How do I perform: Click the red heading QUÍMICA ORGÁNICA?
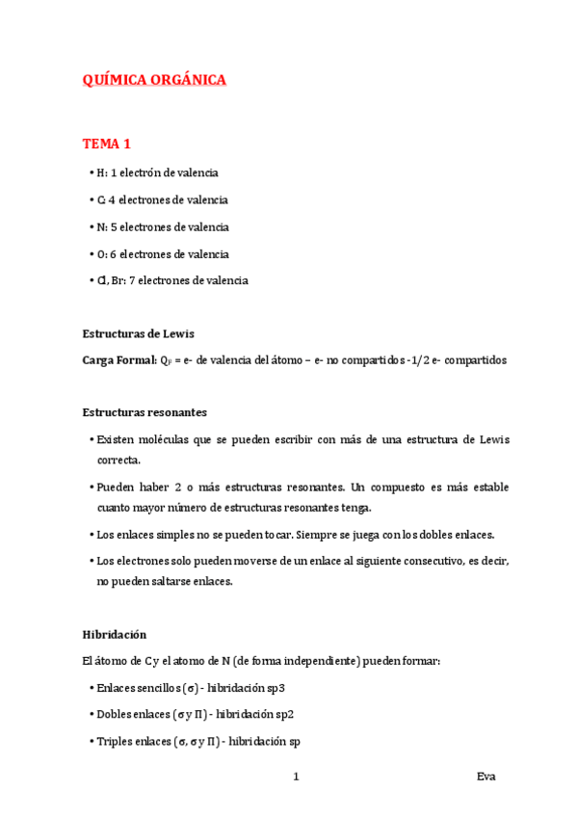[154, 81]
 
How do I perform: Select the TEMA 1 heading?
[106, 145]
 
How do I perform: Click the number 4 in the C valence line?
[111, 199]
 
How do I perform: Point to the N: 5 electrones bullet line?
[162, 226]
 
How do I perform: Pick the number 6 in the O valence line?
[112, 253]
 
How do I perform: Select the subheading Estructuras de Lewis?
[139, 333]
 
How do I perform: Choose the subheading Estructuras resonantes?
[144, 412]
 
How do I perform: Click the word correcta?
[118, 460]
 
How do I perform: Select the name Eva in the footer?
[485, 777]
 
